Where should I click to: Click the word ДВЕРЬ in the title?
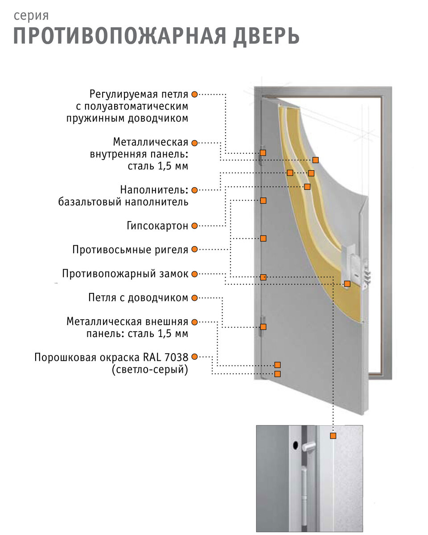tap(266, 37)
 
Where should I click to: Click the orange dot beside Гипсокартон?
tap(194, 226)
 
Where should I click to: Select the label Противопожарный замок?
tap(125, 273)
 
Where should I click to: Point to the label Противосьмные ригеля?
tap(130, 250)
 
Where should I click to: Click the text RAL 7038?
tap(165, 357)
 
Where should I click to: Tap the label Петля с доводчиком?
tap(138, 297)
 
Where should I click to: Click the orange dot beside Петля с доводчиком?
tap(194, 298)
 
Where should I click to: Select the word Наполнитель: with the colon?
tap(154, 189)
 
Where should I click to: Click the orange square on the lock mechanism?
tap(347, 284)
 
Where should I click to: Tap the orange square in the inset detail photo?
tap(333, 436)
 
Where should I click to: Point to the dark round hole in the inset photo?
tap(296, 445)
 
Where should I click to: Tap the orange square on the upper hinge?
tap(263, 152)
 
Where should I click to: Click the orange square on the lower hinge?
tap(263, 327)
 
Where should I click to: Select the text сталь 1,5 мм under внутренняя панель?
tap(158, 166)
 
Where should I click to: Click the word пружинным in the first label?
tap(95, 118)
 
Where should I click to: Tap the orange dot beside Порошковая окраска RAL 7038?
tap(194, 357)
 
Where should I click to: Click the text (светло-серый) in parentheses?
tap(150, 370)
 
